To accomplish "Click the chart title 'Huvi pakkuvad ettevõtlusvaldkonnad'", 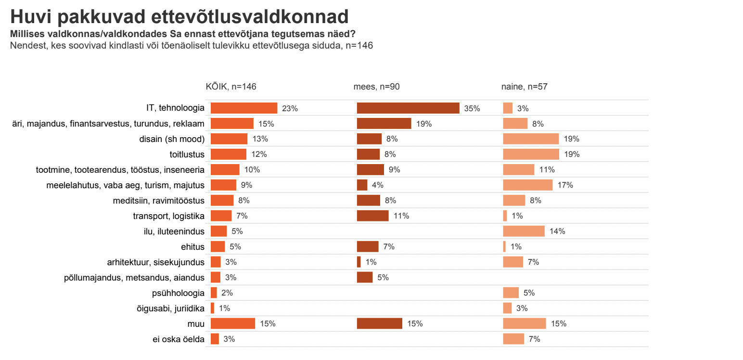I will (x=179, y=17).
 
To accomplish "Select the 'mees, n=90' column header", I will (x=376, y=87).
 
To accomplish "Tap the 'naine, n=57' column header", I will (x=524, y=87).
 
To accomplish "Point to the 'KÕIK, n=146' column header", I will (x=231, y=87).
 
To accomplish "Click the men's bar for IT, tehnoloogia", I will (x=408, y=108).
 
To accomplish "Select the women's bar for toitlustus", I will (x=531, y=154).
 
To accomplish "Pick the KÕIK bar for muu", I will (x=233, y=323).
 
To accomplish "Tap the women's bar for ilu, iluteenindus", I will (x=524, y=231).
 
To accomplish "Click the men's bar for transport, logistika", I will (x=372, y=216).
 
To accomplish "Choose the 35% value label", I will (x=472, y=109).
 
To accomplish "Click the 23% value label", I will (x=290, y=109).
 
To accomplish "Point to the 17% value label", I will (x=565, y=185).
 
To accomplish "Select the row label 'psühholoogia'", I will (x=178, y=293).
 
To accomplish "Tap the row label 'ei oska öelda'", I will (x=178, y=339).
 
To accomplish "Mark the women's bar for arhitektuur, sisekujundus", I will (x=513, y=262).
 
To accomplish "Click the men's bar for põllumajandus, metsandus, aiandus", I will (x=365, y=277).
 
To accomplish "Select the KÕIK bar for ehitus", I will (x=218, y=246).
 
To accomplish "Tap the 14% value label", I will (x=558, y=231).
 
